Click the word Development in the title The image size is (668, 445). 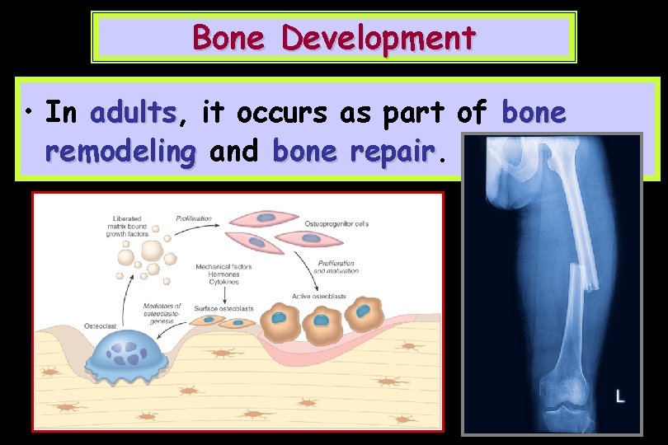point(379,38)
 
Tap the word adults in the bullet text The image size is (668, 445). point(134,112)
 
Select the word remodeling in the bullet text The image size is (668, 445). point(120,152)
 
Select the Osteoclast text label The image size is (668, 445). point(101,326)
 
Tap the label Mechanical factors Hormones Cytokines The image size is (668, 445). point(219,274)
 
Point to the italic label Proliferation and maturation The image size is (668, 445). point(338,268)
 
